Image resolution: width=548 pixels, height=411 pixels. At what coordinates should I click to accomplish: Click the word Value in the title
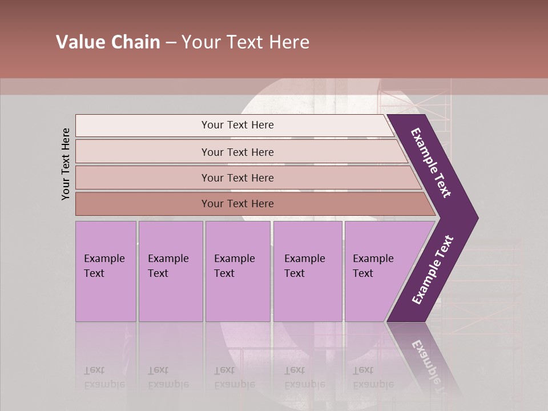(x=80, y=42)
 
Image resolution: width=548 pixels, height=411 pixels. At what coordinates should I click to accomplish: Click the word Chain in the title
(x=135, y=42)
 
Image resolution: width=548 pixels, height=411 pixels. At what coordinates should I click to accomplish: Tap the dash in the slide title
(x=171, y=43)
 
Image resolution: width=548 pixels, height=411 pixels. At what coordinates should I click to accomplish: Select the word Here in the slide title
(x=289, y=42)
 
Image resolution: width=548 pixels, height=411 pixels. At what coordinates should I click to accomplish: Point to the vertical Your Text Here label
(x=66, y=164)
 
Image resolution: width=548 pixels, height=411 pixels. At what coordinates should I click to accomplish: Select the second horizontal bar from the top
(x=237, y=152)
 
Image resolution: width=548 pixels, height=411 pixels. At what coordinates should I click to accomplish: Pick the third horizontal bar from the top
(x=237, y=178)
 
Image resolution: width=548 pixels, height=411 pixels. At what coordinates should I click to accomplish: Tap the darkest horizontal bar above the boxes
(x=237, y=204)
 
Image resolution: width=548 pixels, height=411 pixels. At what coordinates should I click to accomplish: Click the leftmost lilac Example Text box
(x=106, y=271)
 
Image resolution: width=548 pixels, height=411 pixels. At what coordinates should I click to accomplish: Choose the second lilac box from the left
(x=170, y=271)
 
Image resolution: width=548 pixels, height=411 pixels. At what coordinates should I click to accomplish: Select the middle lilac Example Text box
(x=237, y=271)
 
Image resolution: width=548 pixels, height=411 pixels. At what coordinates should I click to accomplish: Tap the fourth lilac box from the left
(x=307, y=271)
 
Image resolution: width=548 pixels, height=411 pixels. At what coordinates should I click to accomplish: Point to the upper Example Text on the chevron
(x=431, y=163)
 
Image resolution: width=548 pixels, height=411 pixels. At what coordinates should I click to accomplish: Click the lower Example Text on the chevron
(x=433, y=270)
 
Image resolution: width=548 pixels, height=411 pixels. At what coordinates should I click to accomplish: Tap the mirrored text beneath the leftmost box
(x=104, y=377)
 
